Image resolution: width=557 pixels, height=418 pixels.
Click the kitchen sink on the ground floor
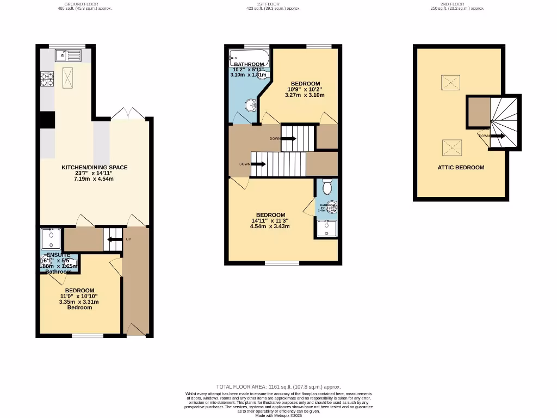(x=67, y=54)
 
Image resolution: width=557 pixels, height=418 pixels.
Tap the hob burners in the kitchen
(x=46, y=79)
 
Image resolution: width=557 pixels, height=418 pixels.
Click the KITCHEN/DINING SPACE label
(x=94, y=168)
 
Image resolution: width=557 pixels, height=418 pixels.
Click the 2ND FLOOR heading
(x=452, y=4)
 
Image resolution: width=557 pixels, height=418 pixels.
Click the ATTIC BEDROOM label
(x=461, y=168)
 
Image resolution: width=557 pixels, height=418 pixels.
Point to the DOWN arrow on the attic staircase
(x=497, y=136)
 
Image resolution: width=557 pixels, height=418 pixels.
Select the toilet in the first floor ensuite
(x=327, y=187)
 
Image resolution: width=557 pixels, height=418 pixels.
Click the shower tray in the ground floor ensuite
(x=51, y=239)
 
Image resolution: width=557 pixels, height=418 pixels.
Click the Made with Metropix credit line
(x=278, y=416)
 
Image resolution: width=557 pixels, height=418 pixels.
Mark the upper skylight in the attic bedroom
(x=450, y=83)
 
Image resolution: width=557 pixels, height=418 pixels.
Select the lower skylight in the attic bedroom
(x=452, y=147)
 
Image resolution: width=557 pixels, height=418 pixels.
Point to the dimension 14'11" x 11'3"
(x=270, y=220)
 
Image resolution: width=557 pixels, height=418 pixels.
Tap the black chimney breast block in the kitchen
(x=47, y=119)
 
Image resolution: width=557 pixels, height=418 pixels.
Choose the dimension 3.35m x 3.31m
(x=79, y=302)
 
